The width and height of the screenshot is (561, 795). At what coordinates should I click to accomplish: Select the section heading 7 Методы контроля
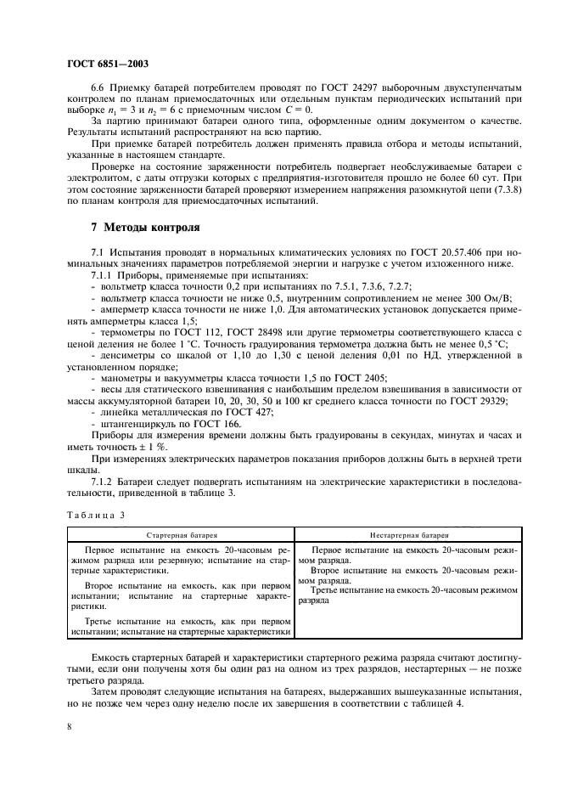[145, 228]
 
